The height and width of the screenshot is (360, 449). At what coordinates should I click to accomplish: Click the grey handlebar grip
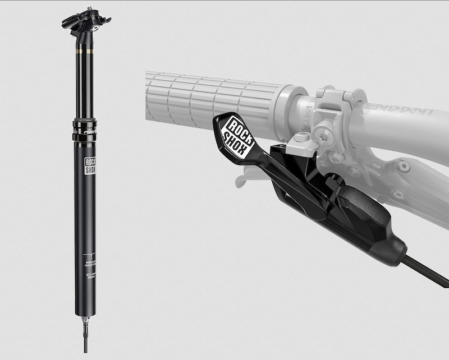pyautogui.click(x=213, y=101)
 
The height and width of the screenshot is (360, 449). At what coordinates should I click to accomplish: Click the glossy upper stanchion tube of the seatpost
pyautogui.click(x=84, y=84)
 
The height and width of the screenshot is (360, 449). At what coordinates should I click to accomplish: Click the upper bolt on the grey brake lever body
pyautogui.click(x=402, y=165)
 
